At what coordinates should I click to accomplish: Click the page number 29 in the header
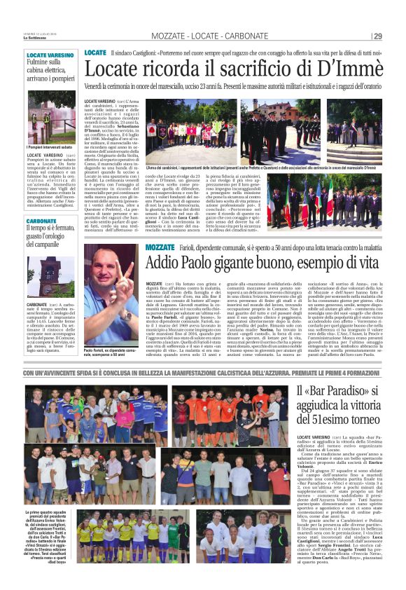point(378,36)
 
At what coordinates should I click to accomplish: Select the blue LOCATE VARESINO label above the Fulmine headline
point(50,54)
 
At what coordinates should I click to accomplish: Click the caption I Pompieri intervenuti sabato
point(49,148)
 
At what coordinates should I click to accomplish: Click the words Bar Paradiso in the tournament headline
point(336,392)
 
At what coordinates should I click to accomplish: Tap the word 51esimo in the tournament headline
point(339,420)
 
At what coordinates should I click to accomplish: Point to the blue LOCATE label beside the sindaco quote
point(95,53)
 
